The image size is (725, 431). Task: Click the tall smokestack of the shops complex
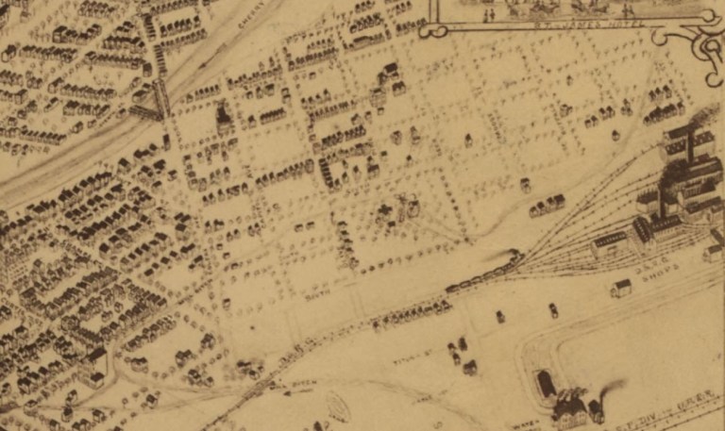point(691,151)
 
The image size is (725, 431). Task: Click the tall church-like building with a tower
point(225,117)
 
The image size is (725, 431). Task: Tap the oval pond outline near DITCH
point(338,406)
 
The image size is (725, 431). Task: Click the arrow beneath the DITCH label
point(283,389)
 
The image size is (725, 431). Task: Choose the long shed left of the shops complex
point(610,243)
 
